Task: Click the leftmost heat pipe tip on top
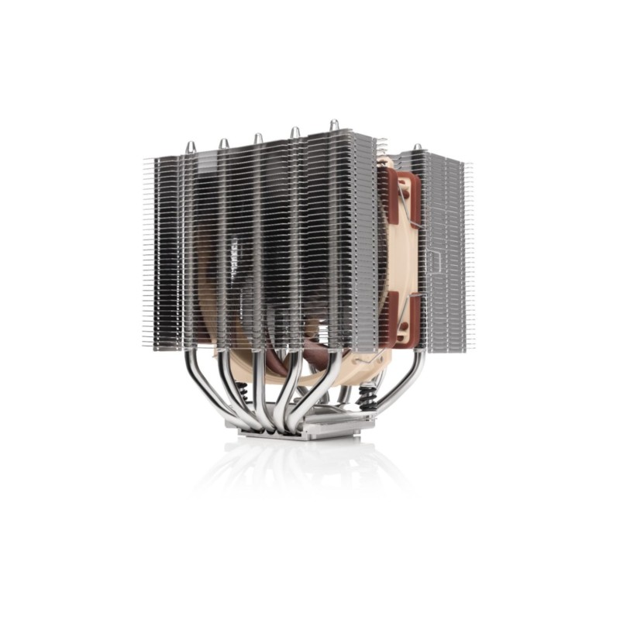point(190,145)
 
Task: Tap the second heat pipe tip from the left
point(223,143)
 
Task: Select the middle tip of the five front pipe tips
point(258,138)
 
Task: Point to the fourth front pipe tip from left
point(294,132)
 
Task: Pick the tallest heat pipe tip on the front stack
point(333,124)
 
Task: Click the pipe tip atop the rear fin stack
point(417,147)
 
